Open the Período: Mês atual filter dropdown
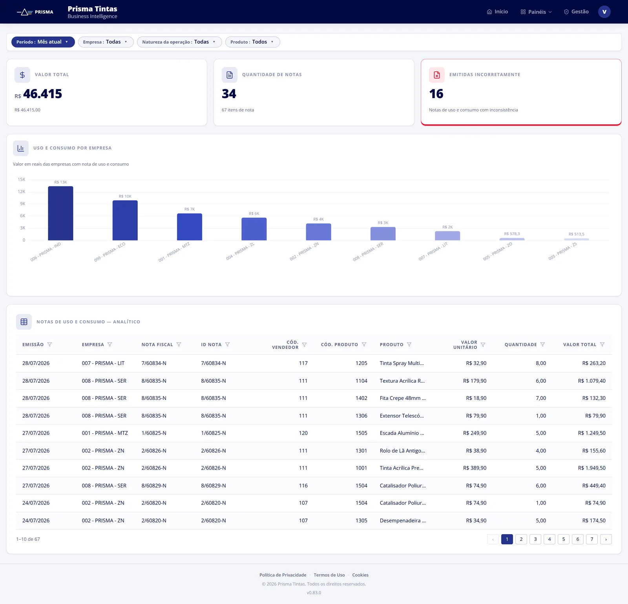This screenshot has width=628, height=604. click(43, 42)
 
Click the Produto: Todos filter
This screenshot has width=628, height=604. click(252, 42)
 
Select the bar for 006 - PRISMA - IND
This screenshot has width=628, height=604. click(60, 213)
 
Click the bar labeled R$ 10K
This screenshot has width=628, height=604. click(125, 220)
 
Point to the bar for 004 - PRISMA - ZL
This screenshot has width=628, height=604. click(254, 229)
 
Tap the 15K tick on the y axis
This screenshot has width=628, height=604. click(22, 179)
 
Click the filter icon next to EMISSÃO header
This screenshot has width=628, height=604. click(49, 345)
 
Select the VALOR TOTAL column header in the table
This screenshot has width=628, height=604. click(580, 345)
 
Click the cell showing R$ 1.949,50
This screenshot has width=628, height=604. click(591, 468)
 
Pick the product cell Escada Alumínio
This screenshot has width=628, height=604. click(402, 433)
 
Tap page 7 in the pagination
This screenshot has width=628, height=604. click(592, 539)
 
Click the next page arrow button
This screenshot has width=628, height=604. click(606, 539)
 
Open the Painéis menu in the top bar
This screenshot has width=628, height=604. click(536, 12)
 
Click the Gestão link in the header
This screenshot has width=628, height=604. click(576, 12)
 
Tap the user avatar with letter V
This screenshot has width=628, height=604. click(604, 12)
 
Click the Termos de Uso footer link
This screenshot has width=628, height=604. click(329, 575)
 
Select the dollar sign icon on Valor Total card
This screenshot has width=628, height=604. click(22, 75)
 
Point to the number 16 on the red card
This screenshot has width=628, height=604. click(436, 94)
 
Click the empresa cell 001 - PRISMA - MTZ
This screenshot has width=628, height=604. click(105, 433)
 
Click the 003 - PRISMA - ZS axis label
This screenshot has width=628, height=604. click(563, 251)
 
